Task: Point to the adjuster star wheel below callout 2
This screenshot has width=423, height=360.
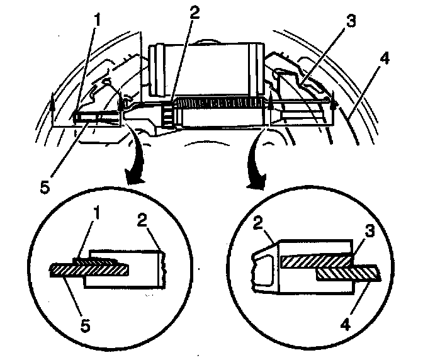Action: click(168, 114)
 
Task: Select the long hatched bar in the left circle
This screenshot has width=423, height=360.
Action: click(88, 270)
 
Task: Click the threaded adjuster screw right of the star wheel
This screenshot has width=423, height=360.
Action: click(220, 103)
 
